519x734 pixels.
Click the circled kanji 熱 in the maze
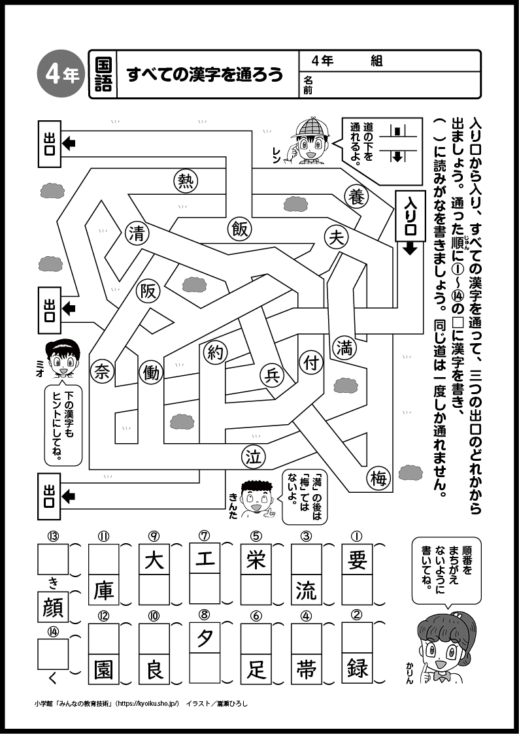(186, 181)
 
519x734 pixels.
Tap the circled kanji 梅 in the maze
(378, 479)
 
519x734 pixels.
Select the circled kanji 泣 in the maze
(253, 457)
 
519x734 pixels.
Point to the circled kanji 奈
(102, 371)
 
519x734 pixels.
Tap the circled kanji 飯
(239, 228)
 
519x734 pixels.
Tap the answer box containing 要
(358, 559)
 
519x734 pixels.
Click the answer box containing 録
(358, 668)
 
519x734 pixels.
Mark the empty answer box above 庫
(103, 559)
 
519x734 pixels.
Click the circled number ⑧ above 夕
(205, 614)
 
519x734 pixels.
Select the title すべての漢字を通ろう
(205, 75)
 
